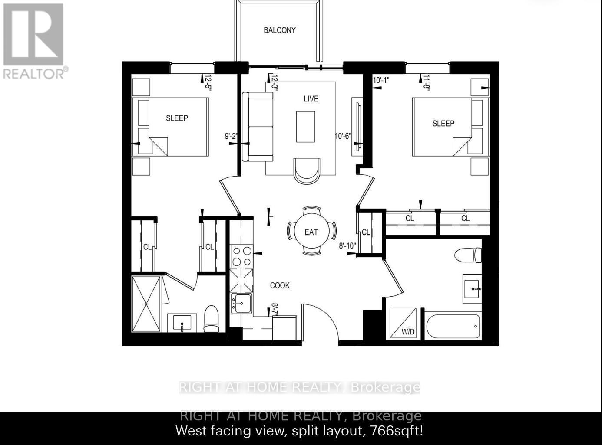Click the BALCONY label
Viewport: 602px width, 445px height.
click(280, 30)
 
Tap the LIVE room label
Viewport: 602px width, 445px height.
click(311, 99)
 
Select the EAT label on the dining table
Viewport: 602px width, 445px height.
click(311, 232)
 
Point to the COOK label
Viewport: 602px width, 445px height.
click(280, 285)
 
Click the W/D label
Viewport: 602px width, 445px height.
click(408, 332)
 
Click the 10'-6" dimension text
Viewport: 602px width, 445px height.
click(343, 136)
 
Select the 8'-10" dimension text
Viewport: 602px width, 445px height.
click(347, 246)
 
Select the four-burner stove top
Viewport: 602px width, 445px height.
click(241, 256)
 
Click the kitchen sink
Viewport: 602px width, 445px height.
click(241, 303)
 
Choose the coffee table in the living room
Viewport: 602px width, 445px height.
click(306, 127)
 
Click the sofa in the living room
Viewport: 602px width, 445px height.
click(258, 127)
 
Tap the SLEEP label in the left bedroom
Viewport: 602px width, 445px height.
click(177, 118)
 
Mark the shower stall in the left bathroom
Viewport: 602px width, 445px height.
click(146, 304)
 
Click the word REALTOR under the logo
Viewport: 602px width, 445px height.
click(34, 73)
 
